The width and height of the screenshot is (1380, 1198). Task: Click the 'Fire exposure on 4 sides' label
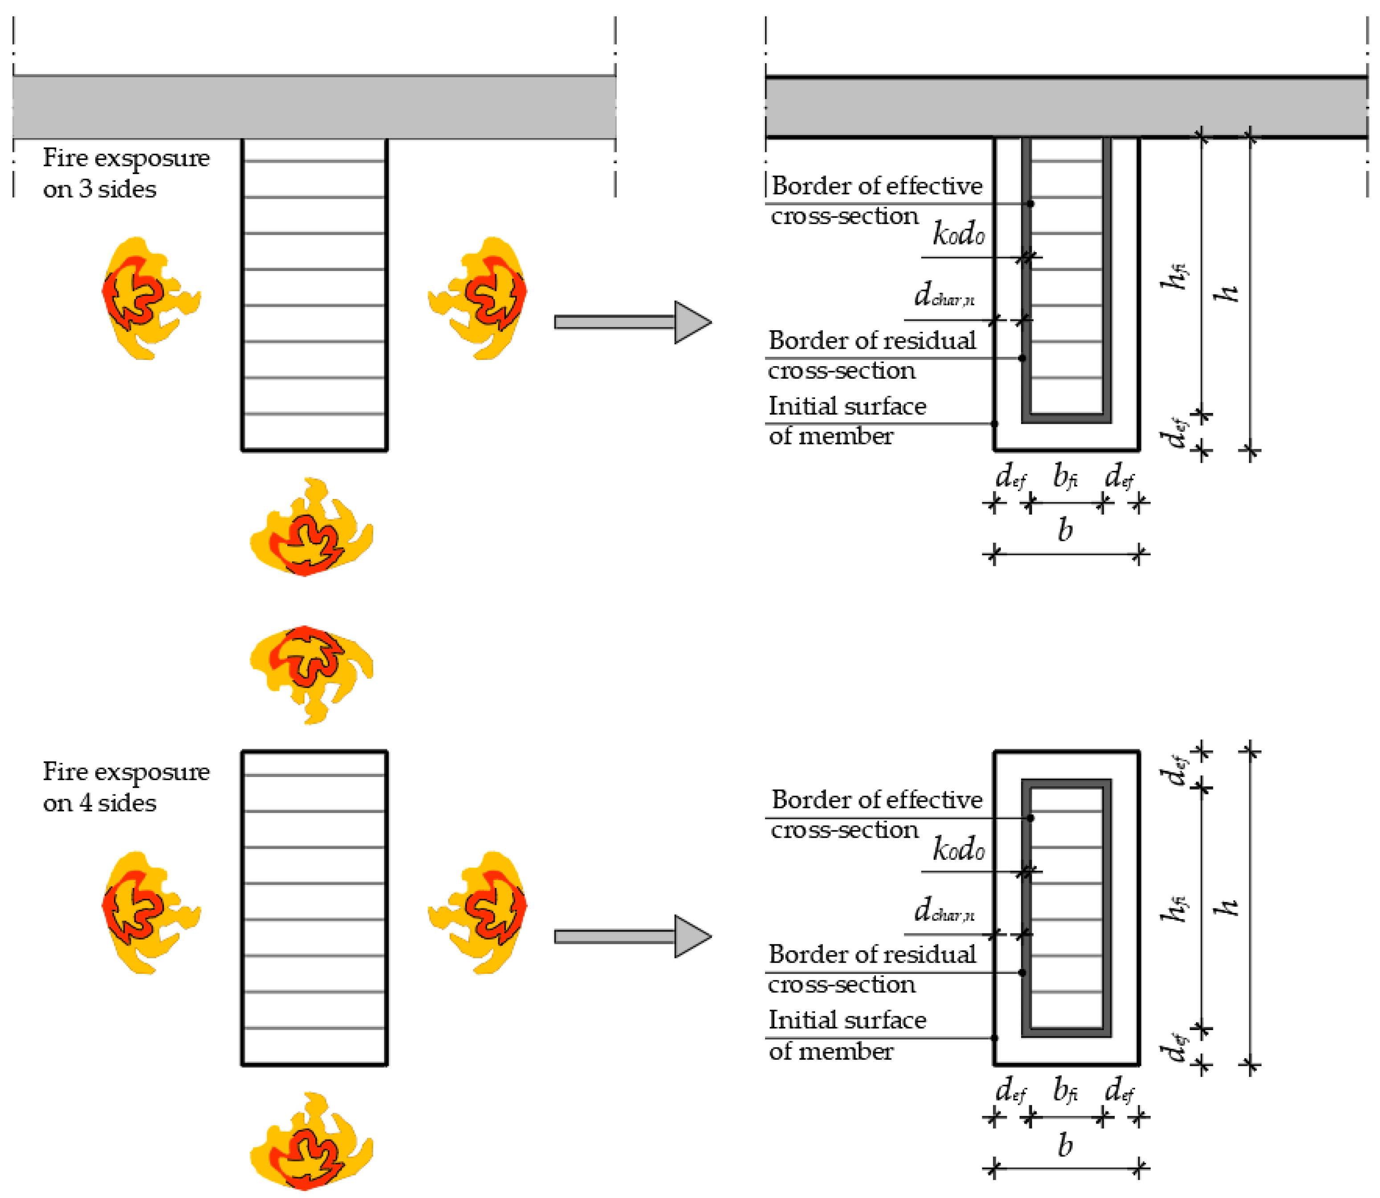tap(126, 787)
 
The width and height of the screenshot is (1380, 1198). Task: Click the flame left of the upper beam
tap(148, 298)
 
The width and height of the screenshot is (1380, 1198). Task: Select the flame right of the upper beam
tap(480, 298)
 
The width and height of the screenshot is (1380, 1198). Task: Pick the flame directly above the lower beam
tap(311, 674)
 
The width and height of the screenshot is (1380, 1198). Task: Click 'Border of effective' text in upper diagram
tap(877, 186)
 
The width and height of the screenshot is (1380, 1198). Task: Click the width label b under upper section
tap(1065, 530)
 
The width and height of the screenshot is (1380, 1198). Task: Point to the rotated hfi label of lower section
tap(1173, 908)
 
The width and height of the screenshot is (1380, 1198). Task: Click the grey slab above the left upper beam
tap(314, 107)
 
